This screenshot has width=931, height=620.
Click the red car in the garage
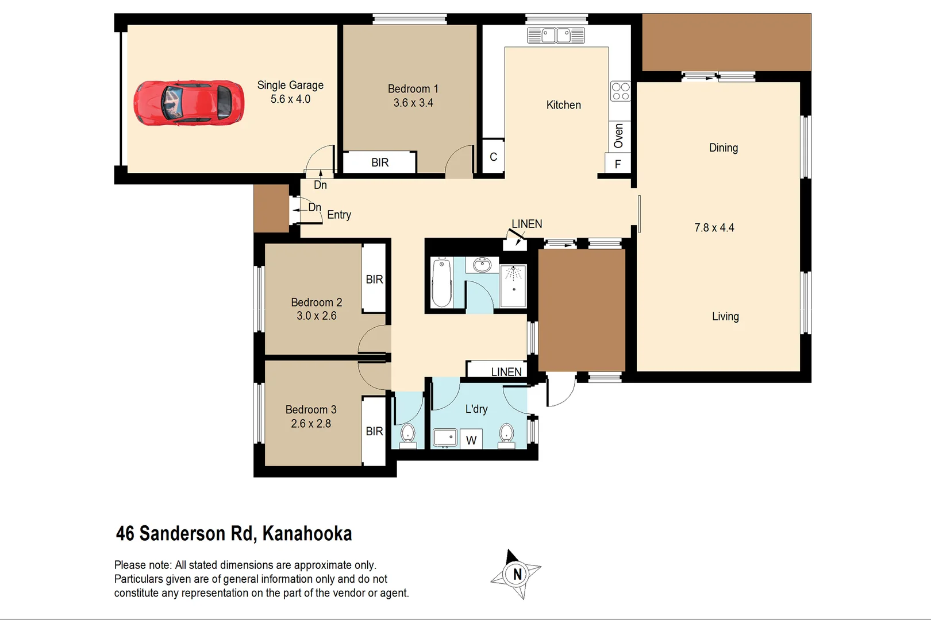[x=188, y=102]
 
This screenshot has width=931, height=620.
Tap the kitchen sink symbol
[x=556, y=36]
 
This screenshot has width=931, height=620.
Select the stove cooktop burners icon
[x=620, y=91]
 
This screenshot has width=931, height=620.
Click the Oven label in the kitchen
[x=618, y=136]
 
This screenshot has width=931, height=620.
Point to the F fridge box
[x=618, y=164]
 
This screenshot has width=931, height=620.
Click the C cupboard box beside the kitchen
[x=493, y=156]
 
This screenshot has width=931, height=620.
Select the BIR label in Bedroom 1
[x=380, y=162]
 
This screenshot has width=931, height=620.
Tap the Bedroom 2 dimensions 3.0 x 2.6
[x=317, y=316]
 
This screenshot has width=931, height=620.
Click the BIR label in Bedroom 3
[x=374, y=431]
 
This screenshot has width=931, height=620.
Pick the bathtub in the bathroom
[x=441, y=282]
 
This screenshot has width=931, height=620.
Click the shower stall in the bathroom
[x=513, y=286]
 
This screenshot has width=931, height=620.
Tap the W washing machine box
[x=471, y=440]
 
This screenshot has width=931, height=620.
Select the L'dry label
[x=476, y=409]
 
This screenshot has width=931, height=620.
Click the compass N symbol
[x=517, y=574]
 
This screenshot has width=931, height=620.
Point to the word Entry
[x=339, y=215]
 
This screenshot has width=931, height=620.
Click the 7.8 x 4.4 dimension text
[x=714, y=228]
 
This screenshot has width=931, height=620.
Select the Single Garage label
[x=290, y=85]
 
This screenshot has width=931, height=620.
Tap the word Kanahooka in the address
[x=307, y=533]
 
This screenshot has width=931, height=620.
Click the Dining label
[x=723, y=148]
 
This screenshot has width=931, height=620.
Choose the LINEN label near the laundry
[x=506, y=372]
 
